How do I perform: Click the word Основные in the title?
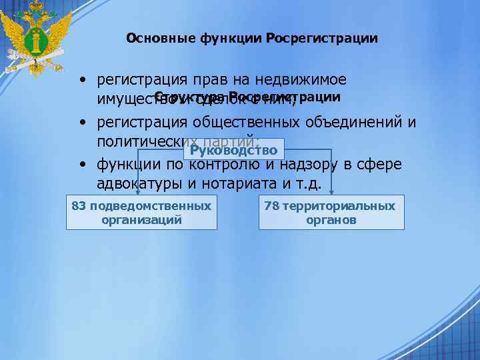160,39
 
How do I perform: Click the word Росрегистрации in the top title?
321,39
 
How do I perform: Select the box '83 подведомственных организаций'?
141,213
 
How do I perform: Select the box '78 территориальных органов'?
331,213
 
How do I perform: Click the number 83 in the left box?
79,206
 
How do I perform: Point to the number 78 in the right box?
271,206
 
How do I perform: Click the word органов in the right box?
331,220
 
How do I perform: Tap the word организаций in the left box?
141,220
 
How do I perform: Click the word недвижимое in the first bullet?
307,80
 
